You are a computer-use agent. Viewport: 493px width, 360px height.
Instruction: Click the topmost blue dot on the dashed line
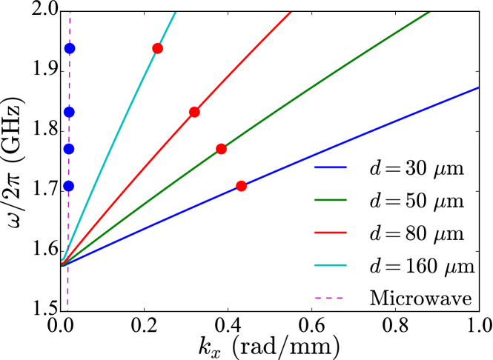click(70, 48)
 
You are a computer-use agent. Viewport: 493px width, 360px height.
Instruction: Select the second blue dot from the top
click(69, 112)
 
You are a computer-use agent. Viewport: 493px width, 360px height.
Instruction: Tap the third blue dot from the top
click(69, 149)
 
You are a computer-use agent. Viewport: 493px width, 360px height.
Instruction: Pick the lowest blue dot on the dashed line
click(69, 186)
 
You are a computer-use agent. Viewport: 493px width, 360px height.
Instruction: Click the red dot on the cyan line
click(158, 49)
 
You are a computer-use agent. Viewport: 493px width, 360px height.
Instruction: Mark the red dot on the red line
click(194, 112)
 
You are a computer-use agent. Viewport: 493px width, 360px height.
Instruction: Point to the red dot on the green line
click(221, 149)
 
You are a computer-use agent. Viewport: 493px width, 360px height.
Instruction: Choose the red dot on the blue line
click(241, 186)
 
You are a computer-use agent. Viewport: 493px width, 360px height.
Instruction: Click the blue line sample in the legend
click(330, 167)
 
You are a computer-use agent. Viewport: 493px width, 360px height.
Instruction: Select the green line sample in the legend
click(330, 200)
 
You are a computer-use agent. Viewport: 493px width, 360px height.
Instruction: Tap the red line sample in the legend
click(330, 233)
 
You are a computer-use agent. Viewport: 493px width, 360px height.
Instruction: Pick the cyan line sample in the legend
click(330, 265)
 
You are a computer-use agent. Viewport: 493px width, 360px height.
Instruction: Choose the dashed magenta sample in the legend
click(330, 298)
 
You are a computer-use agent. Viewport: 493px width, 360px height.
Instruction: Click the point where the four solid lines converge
click(62, 263)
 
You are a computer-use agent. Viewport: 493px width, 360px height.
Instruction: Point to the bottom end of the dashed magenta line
click(67, 310)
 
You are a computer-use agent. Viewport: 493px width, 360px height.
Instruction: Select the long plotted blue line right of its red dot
click(371, 132)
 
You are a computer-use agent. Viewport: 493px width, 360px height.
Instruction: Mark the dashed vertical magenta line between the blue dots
click(69, 130)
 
